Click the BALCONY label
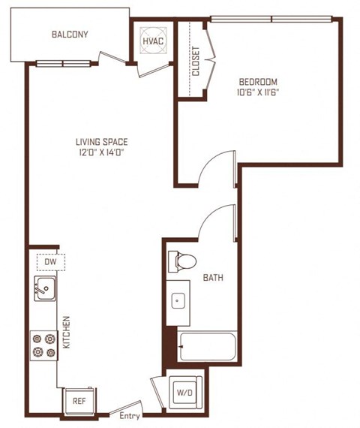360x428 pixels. click(70, 35)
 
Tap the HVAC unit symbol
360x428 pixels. click(153, 41)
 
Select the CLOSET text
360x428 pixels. click(196, 61)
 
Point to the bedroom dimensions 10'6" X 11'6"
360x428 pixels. click(258, 92)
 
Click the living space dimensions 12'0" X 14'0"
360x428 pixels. click(102, 152)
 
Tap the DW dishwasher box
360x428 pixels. click(51, 262)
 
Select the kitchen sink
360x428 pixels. click(45, 288)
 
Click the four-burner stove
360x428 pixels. click(44, 345)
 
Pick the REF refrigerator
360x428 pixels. click(79, 401)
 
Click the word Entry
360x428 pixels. click(130, 416)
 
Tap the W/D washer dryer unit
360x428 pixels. click(185, 392)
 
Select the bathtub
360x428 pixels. click(208, 346)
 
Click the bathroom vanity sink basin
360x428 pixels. click(178, 300)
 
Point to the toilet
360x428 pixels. click(182, 261)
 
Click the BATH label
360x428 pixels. click(213, 278)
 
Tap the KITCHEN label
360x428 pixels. click(66, 332)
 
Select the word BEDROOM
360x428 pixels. click(258, 82)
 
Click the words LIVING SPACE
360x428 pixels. click(102, 142)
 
